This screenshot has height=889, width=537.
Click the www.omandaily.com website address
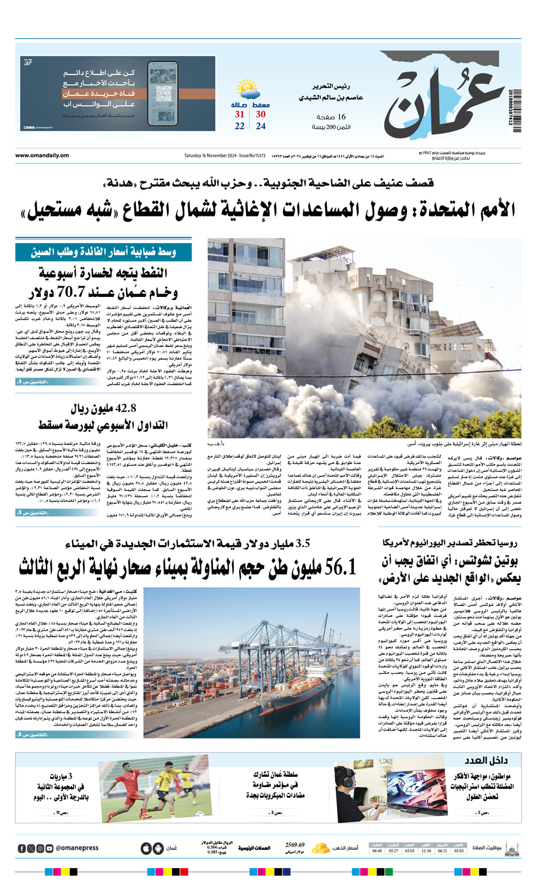[x=42, y=156]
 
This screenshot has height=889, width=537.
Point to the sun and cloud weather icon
[x=248, y=91]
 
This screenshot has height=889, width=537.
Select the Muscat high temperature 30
[x=261, y=114]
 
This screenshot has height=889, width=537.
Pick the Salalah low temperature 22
[x=240, y=126]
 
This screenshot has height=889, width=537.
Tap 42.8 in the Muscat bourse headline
[x=121, y=408]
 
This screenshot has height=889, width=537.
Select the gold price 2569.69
[x=295, y=845]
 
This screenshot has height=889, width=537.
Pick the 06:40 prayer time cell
[x=377, y=851]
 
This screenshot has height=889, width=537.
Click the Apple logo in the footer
[x=146, y=848]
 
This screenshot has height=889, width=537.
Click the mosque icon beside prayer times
[x=511, y=848]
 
